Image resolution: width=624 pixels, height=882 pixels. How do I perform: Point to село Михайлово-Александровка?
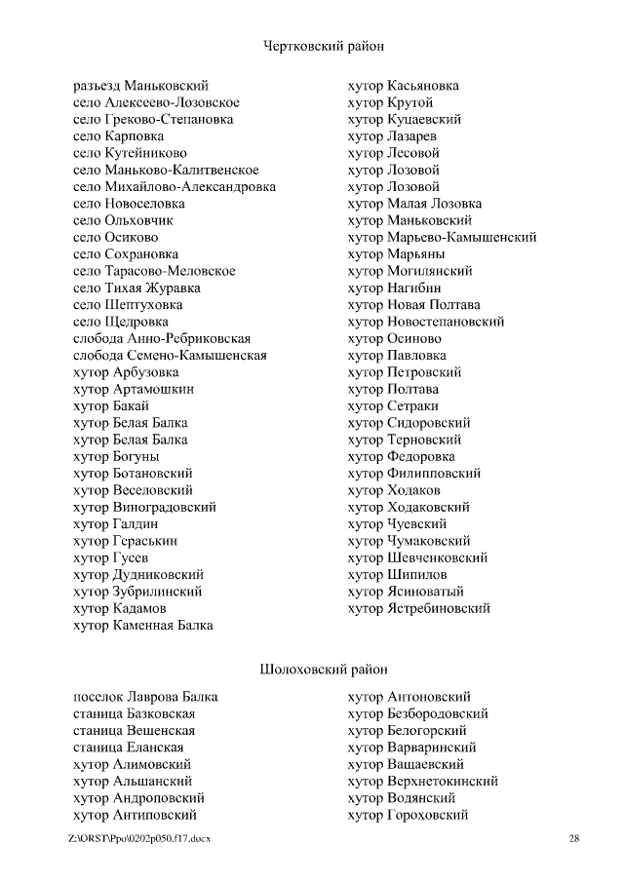[x=175, y=187]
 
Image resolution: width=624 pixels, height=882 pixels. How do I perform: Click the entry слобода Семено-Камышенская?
[x=170, y=356]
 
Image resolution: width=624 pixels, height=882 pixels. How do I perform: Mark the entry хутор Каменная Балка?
[x=143, y=626]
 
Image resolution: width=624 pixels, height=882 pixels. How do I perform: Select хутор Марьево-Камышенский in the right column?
[x=442, y=238]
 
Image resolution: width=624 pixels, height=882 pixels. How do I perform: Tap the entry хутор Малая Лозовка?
[x=414, y=204]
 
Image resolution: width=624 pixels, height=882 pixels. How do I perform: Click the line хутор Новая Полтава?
[x=413, y=305]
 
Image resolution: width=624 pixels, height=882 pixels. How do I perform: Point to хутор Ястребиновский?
[x=419, y=609]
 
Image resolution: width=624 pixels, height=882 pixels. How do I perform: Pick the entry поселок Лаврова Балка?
[x=145, y=697]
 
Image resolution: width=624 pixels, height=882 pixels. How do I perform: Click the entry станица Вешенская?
[x=134, y=731]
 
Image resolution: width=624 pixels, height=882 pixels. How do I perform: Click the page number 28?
[x=574, y=839]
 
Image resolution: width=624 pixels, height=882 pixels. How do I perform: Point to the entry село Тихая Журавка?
[x=136, y=288]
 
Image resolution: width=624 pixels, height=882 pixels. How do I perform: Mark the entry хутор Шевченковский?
[x=417, y=558]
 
